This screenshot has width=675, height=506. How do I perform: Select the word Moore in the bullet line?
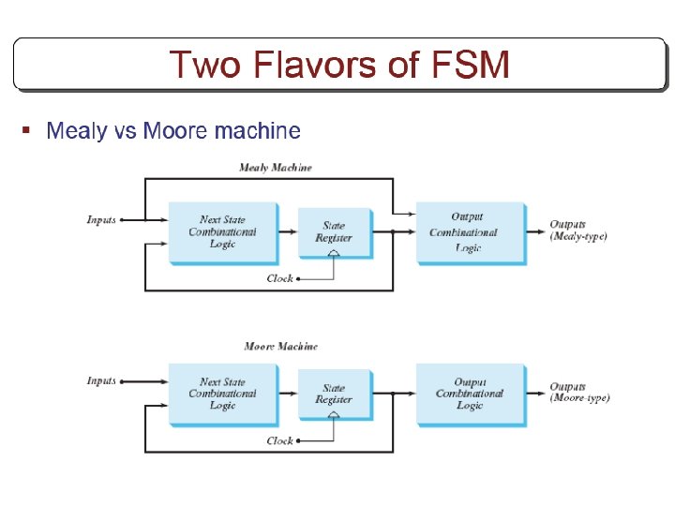(x=175, y=131)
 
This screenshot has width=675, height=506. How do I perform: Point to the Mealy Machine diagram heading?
(x=276, y=168)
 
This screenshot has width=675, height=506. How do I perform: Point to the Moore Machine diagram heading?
(x=280, y=346)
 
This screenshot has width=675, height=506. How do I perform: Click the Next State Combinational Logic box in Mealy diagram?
(x=222, y=232)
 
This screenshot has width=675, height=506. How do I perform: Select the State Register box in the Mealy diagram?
(x=334, y=232)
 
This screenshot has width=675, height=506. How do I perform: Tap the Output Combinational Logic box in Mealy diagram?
(x=469, y=232)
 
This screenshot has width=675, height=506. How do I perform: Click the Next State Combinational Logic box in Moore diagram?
(x=222, y=394)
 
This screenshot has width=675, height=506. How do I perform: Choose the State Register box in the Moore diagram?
(x=334, y=394)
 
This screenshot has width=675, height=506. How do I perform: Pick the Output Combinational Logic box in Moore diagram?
(x=470, y=394)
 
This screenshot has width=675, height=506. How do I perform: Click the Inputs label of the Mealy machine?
(x=101, y=220)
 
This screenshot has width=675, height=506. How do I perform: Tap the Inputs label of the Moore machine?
(x=101, y=381)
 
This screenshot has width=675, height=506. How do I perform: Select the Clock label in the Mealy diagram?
(x=279, y=278)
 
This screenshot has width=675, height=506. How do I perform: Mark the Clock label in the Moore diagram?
(x=279, y=440)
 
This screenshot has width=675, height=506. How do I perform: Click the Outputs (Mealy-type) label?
(x=577, y=231)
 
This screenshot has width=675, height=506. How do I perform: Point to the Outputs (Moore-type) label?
(x=579, y=393)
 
